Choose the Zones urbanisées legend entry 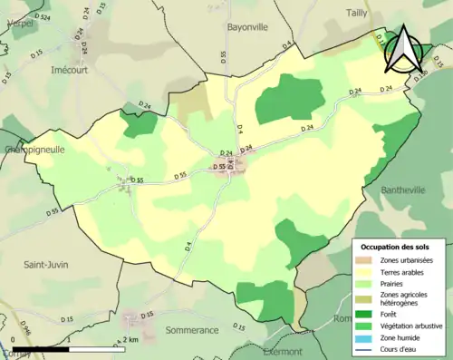tap(406, 259)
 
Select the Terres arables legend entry tap(401, 271)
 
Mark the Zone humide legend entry tap(399, 335)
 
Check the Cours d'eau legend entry tap(399, 345)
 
